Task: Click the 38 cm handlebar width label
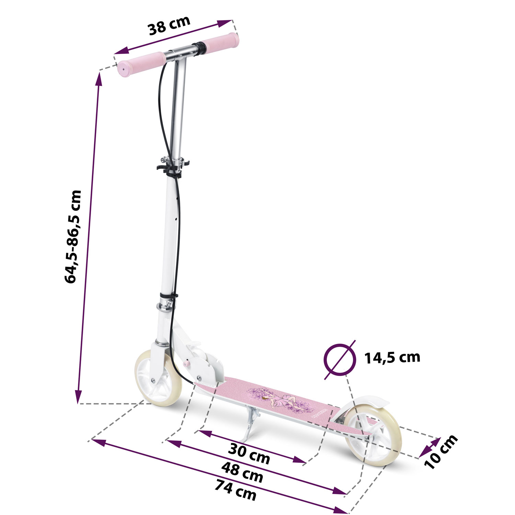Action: [169, 25]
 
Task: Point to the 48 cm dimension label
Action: [242, 472]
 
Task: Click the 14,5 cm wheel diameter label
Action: [392, 357]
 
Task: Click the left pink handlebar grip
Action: [141, 64]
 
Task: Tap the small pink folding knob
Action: [187, 364]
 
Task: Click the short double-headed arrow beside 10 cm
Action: [430, 448]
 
